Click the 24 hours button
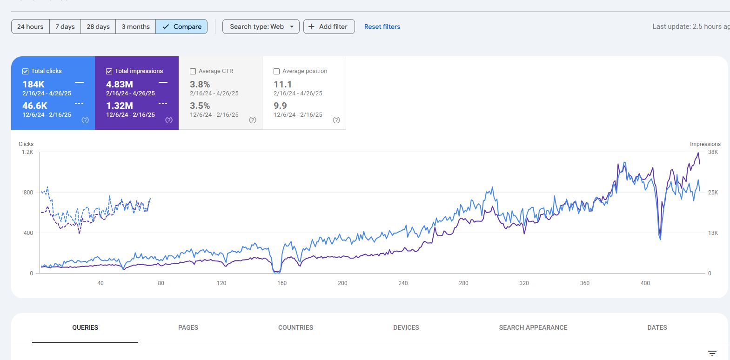click(30, 27)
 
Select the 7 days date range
click(65, 27)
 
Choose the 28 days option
click(98, 27)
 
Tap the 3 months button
click(135, 27)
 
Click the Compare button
click(181, 27)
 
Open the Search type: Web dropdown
click(261, 27)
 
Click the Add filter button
click(329, 27)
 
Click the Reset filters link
click(382, 27)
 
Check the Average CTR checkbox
click(193, 71)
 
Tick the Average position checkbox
click(277, 71)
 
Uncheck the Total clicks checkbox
click(26, 71)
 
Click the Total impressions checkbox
click(109, 71)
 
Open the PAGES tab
click(188, 328)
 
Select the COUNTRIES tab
click(295, 328)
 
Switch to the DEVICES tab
click(406, 328)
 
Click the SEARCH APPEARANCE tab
click(533, 328)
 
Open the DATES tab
click(657, 328)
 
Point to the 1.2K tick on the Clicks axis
click(27, 152)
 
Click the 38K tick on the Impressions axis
click(713, 152)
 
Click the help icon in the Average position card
click(336, 120)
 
